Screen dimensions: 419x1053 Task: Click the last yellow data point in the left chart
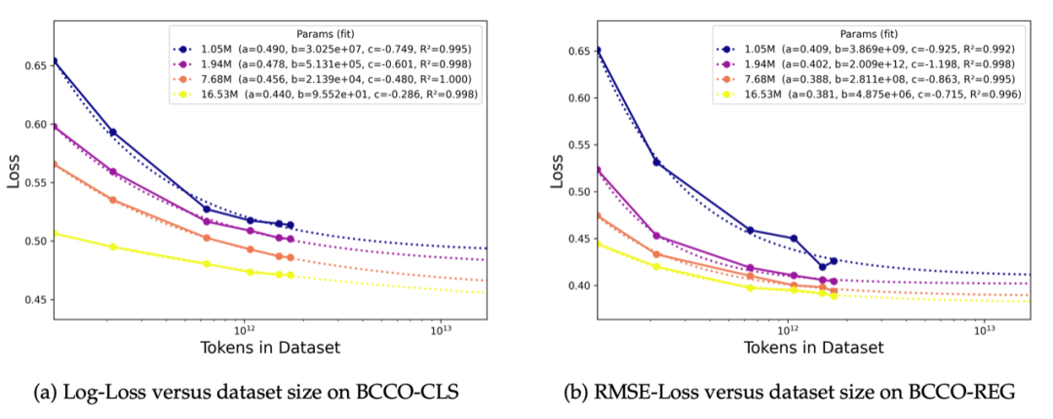click(x=290, y=275)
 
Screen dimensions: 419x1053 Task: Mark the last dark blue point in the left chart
click(x=290, y=225)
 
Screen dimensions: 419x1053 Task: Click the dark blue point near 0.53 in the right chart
click(x=656, y=162)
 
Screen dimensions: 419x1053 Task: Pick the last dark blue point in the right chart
click(x=833, y=261)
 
